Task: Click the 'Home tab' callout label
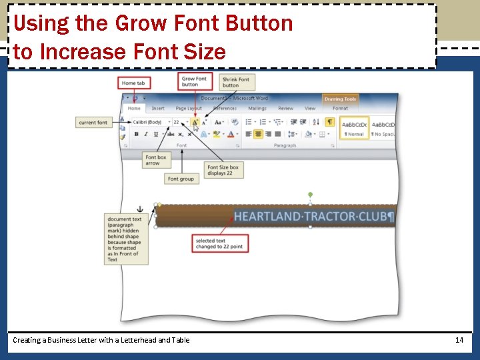tap(133, 83)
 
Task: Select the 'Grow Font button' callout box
tap(195, 81)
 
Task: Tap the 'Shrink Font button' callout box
tap(236, 82)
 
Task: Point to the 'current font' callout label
tap(93, 123)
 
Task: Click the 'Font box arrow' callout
tap(156, 161)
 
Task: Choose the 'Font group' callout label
tap(181, 179)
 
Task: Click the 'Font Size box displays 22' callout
tap(223, 170)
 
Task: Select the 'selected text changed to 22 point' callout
tap(220, 243)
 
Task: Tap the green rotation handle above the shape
tap(310, 195)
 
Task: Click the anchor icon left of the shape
tap(140, 209)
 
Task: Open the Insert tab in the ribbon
tap(158, 108)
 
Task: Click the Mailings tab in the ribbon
tap(257, 108)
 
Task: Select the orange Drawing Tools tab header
tap(341, 99)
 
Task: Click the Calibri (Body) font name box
tap(147, 122)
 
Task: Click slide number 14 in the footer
tap(459, 340)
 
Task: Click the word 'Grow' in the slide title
tap(140, 23)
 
